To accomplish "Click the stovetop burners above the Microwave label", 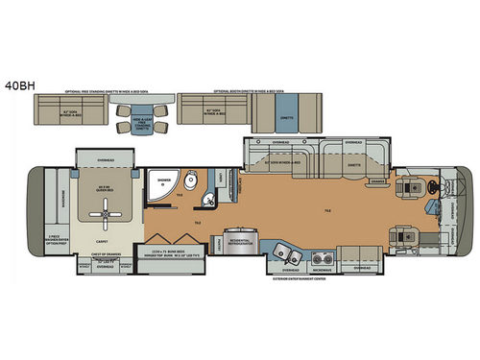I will pos(322,256).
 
